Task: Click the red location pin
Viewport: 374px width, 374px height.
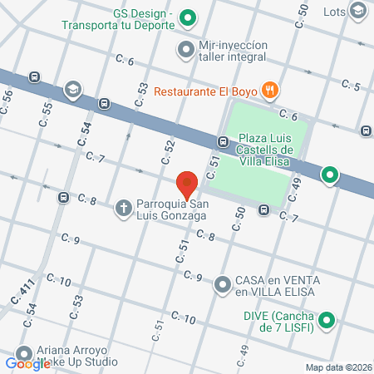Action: [188, 182]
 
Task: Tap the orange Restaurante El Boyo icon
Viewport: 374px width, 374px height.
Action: [269, 90]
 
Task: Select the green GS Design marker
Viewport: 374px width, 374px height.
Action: [188, 17]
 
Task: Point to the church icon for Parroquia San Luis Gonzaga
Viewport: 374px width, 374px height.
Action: [123, 207]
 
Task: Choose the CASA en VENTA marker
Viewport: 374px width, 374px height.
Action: [223, 285]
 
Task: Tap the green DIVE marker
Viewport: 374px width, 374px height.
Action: [327, 320]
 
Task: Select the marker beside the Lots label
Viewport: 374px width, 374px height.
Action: [358, 11]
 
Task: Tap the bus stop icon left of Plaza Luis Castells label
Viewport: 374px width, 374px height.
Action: [224, 141]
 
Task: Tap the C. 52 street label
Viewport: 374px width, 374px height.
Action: [169, 150]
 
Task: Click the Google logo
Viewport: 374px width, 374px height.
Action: [27, 363]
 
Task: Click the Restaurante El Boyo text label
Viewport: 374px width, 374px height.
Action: [203, 90]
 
